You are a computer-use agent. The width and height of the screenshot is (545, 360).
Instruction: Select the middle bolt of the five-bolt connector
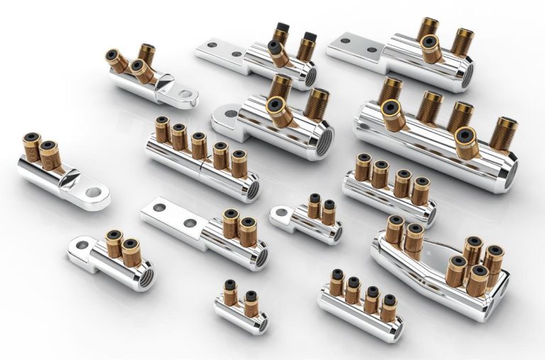[x=199, y=145]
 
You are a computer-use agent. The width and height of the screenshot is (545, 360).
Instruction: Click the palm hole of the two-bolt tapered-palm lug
[x=91, y=191]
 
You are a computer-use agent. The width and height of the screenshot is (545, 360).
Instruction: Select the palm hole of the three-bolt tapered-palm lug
[x=185, y=93]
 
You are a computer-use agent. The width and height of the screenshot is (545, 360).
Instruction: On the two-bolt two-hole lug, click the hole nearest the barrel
[x=189, y=223]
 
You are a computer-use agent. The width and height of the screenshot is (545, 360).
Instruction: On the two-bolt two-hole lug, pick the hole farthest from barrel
[x=161, y=208]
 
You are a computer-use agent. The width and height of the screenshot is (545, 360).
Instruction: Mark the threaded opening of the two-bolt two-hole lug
[x=260, y=257]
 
